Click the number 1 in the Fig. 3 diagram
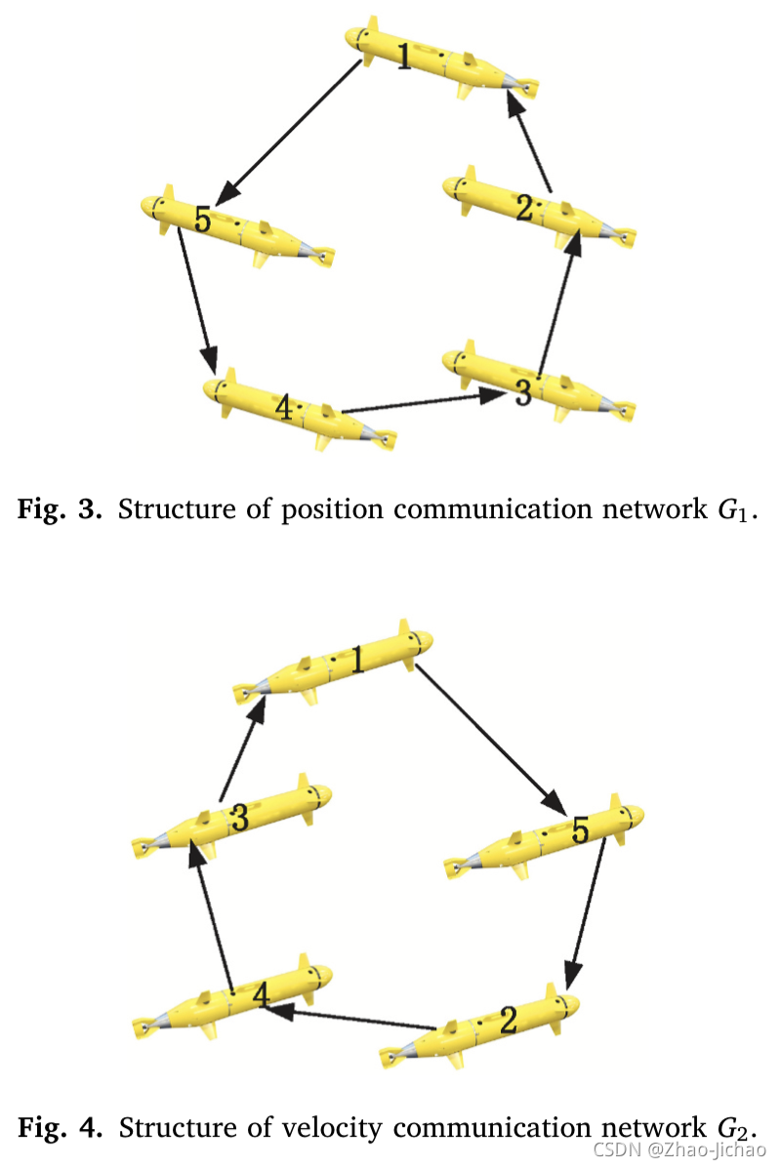pyautogui.click(x=404, y=57)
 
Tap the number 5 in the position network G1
pyautogui.click(x=201, y=219)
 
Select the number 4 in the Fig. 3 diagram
pyautogui.click(x=283, y=408)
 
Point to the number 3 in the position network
pyautogui.click(x=522, y=393)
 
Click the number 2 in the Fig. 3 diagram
pyautogui.click(x=525, y=207)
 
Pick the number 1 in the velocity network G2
pyautogui.click(x=357, y=662)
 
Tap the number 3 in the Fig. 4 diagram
pyautogui.click(x=239, y=818)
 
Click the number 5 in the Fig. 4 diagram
pyautogui.click(x=580, y=831)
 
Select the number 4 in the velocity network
pyautogui.click(x=260, y=995)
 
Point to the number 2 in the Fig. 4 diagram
pyautogui.click(x=508, y=1021)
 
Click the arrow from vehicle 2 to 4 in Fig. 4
pyautogui.click(x=351, y=1019)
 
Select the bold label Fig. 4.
pyautogui.click(x=61, y=1129)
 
